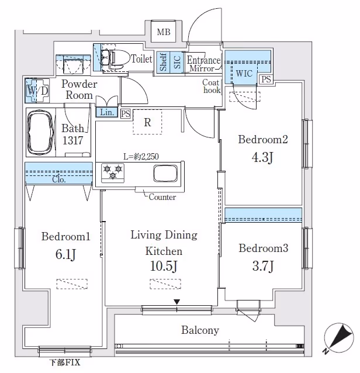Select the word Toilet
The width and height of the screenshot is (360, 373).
coord(141,59)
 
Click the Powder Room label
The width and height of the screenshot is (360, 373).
coord(79,90)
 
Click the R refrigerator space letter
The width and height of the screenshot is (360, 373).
coord(148,123)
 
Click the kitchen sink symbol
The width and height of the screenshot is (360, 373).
coord(165,173)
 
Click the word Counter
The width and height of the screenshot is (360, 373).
coord(162,198)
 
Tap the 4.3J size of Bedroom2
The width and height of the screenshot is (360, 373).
coord(263,158)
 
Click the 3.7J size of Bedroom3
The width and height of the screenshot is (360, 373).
coord(263,267)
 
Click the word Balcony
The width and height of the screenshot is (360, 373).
coord(200,330)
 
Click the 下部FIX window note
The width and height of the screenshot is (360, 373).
coord(64,363)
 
